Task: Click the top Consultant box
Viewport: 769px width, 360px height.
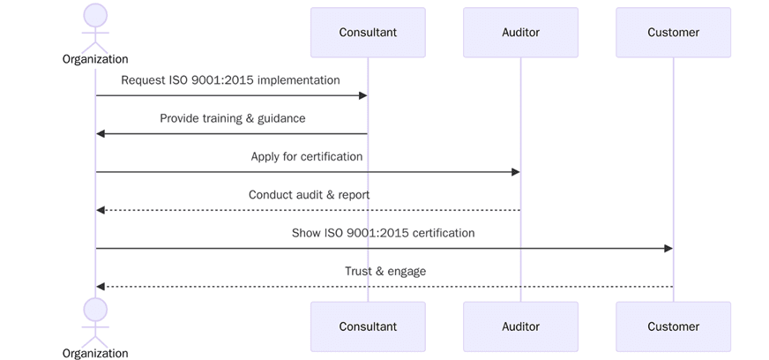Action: click(x=368, y=33)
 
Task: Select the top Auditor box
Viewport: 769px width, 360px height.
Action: click(x=520, y=33)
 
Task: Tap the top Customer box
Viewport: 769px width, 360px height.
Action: click(x=673, y=33)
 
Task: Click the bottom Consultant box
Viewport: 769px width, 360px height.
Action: click(x=368, y=326)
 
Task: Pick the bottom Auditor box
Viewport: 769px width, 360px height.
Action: click(x=520, y=326)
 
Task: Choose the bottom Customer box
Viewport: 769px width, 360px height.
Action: click(x=673, y=326)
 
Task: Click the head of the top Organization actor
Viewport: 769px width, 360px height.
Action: click(x=95, y=15)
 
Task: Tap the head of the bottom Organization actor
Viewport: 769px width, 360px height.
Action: click(x=95, y=310)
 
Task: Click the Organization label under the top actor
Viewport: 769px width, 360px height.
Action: click(x=95, y=59)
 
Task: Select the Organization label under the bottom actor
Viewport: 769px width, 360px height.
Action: click(x=95, y=353)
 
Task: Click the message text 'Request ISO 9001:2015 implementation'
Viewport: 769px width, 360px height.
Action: click(x=230, y=80)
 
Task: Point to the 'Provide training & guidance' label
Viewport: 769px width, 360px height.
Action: click(x=233, y=118)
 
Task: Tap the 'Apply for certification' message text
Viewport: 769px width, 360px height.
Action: click(x=307, y=156)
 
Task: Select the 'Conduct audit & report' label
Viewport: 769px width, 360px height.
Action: click(x=309, y=195)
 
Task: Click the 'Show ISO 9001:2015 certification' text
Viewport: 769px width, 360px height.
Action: click(x=383, y=233)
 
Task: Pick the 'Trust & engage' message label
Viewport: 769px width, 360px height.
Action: click(x=385, y=271)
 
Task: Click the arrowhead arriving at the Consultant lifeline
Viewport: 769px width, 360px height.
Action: click(x=362, y=95)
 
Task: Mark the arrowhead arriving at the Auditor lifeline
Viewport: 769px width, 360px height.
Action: click(x=515, y=172)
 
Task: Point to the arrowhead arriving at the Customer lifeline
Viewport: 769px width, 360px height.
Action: click(x=668, y=249)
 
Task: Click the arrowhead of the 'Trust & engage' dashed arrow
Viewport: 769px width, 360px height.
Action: click(x=101, y=287)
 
